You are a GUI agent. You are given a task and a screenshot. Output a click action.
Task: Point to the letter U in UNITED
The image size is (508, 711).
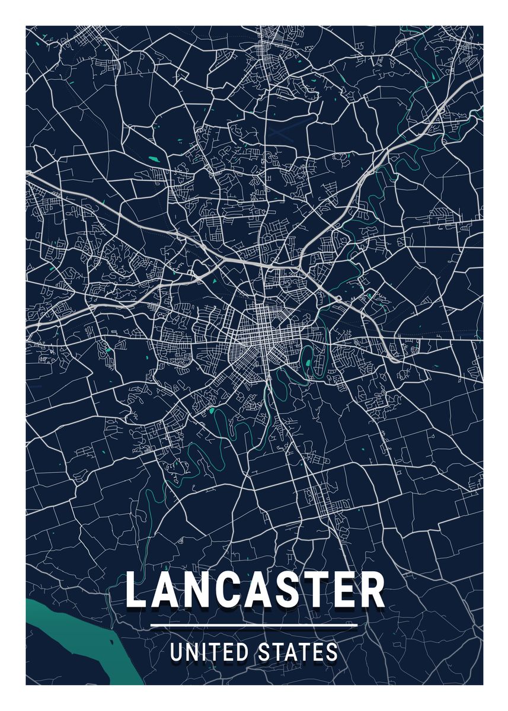point(176,652)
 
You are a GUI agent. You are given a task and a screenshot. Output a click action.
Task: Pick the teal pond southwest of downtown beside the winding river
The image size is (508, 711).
point(212,409)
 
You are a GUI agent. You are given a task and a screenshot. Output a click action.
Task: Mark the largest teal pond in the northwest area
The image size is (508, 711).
point(154,159)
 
